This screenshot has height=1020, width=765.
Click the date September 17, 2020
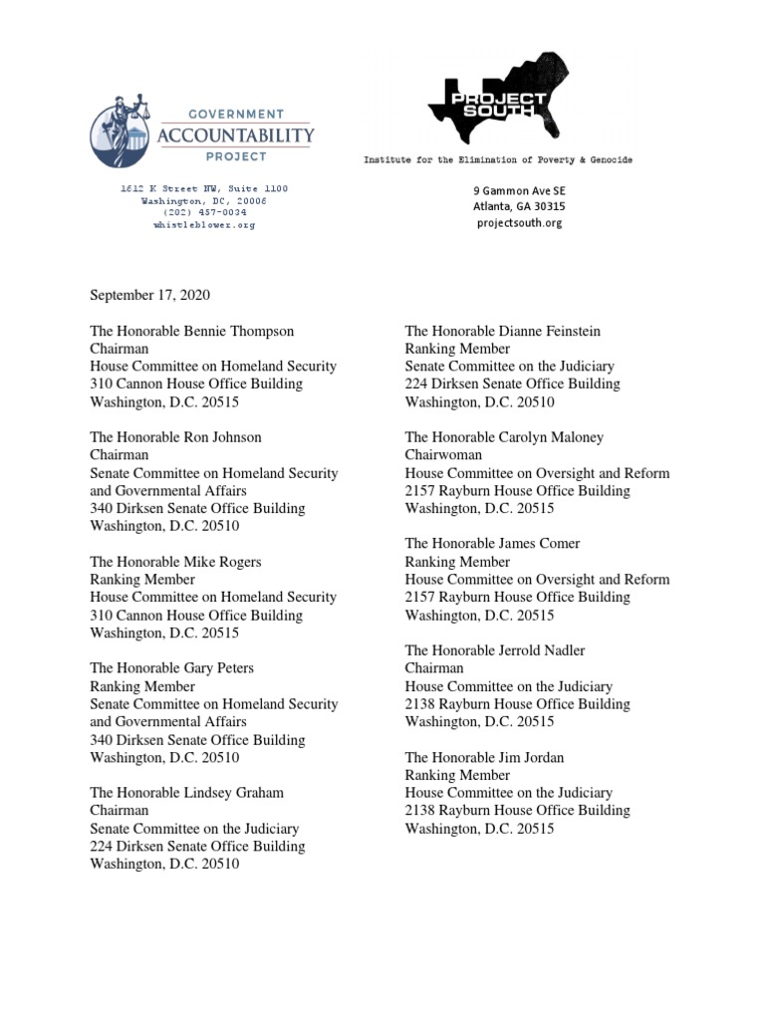click(x=150, y=295)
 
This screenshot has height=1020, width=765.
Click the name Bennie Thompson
click(x=239, y=331)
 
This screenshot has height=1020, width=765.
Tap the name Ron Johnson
click(x=229, y=437)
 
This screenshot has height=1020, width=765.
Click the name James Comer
click(x=539, y=544)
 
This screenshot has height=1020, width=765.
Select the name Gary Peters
click(x=223, y=668)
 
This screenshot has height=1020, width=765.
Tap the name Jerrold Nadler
click(x=542, y=650)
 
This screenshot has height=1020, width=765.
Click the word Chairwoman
click(x=443, y=455)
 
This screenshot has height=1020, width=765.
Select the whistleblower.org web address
click(x=204, y=225)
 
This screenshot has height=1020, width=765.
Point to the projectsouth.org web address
click(x=518, y=223)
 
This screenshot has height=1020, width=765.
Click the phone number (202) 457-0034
click(x=204, y=212)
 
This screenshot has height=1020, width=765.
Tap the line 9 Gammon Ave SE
click(x=518, y=189)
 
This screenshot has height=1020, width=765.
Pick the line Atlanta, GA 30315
click(x=518, y=206)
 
